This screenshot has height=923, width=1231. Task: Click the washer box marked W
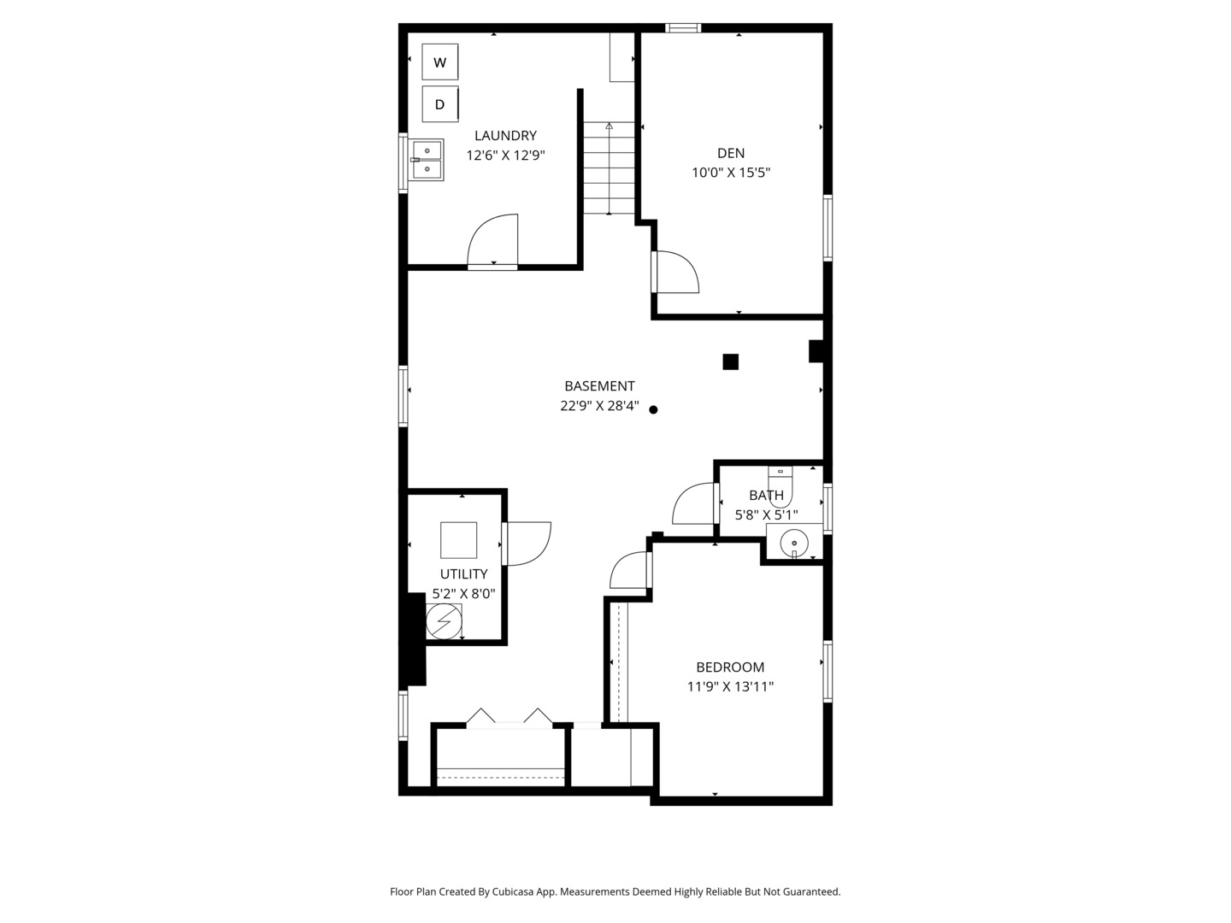click(x=440, y=62)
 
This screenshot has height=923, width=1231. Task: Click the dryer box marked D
click(x=440, y=104)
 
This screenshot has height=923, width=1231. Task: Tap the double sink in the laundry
click(x=427, y=160)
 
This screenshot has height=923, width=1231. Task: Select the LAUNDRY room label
click(x=505, y=135)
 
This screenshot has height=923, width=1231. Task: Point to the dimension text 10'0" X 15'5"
click(x=731, y=173)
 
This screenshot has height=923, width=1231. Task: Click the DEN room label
click(x=731, y=153)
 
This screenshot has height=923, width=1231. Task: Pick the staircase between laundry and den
click(x=609, y=168)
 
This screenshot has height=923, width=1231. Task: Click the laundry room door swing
click(x=494, y=242)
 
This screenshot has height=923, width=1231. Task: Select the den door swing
click(x=676, y=272)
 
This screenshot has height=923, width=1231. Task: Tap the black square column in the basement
click(x=730, y=362)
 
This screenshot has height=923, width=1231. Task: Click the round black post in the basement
click(x=653, y=409)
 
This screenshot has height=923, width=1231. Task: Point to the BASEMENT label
click(x=599, y=386)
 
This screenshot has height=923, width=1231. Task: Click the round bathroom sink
click(x=795, y=542)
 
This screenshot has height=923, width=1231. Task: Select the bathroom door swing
click(x=694, y=504)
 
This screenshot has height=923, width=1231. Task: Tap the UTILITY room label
click(x=463, y=574)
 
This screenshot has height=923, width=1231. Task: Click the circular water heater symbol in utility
click(x=444, y=621)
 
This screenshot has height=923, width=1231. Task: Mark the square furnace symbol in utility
click(x=458, y=540)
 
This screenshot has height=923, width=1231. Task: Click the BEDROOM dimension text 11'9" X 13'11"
click(x=730, y=686)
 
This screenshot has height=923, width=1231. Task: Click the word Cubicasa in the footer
click(x=513, y=891)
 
